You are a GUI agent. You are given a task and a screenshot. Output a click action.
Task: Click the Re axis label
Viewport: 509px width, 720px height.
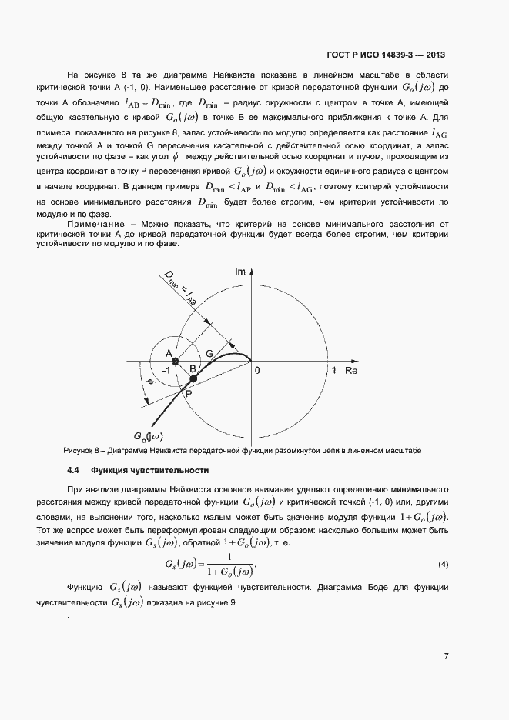(x=351, y=371)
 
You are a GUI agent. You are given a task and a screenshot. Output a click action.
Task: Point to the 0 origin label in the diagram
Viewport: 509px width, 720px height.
(x=258, y=371)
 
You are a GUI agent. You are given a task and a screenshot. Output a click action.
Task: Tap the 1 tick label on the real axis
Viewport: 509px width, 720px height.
(x=334, y=371)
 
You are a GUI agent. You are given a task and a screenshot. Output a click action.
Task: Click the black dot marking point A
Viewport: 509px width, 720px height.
(x=175, y=360)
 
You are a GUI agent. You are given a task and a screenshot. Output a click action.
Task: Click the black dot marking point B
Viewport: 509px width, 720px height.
(x=193, y=378)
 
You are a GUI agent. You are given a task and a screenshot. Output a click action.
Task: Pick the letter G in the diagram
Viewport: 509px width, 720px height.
(x=209, y=352)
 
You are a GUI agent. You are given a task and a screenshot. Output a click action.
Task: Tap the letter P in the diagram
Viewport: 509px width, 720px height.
(x=189, y=393)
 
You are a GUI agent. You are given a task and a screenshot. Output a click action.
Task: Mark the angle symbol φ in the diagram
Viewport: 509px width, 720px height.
(x=151, y=382)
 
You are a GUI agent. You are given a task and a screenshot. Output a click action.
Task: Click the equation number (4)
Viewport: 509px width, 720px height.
(x=443, y=565)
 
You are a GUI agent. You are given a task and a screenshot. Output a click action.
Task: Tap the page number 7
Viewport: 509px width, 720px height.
(x=446, y=655)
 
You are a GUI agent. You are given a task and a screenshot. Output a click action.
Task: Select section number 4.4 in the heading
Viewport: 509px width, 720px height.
(x=74, y=470)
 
